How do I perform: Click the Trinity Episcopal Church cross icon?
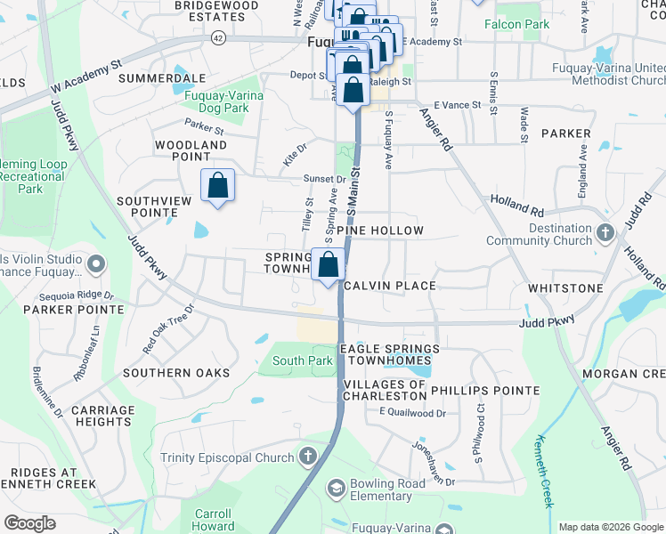click(308, 457)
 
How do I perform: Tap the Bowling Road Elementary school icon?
click(336, 487)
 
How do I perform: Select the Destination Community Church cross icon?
click(605, 233)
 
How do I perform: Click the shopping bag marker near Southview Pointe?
click(217, 187)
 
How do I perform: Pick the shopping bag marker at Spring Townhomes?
click(329, 265)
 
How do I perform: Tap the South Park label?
click(303, 360)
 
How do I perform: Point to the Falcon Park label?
click(516, 24)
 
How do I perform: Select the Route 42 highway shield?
click(218, 37)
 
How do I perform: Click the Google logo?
click(29, 522)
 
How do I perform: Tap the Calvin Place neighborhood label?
click(389, 286)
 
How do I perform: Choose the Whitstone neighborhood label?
click(564, 288)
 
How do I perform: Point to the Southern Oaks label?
click(176, 372)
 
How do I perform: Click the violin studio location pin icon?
click(97, 263)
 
